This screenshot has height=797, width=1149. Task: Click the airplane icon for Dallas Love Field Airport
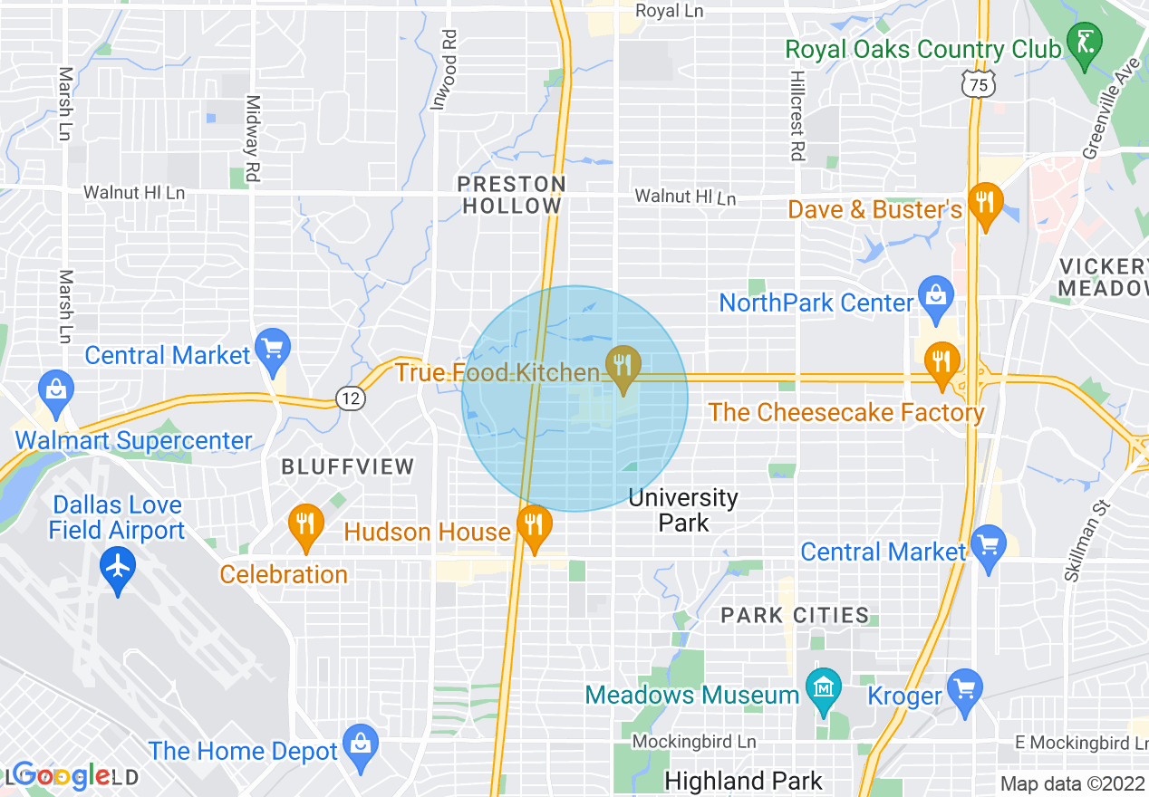pyautogui.click(x=118, y=568)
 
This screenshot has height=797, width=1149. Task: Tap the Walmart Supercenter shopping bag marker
pyautogui.click(x=55, y=390)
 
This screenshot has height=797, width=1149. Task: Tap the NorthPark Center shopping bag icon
pyautogui.click(x=935, y=295)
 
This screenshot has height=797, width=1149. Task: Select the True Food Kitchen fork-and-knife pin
pyautogui.click(x=623, y=366)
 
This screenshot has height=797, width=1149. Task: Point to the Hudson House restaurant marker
pyautogui.click(x=535, y=524)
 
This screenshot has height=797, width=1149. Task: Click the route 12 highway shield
pyautogui.click(x=350, y=398)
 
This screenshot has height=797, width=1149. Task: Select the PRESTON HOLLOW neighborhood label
pyautogui.click(x=512, y=195)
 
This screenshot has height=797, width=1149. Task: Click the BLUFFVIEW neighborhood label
pyautogui.click(x=348, y=467)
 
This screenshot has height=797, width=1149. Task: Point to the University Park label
pyautogui.click(x=683, y=510)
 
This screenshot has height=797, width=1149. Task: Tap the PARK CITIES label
pyautogui.click(x=795, y=615)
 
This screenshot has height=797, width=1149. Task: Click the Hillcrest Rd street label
pyautogui.click(x=797, y=117)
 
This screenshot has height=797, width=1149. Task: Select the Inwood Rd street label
pyautogui.click(x=444, y=70)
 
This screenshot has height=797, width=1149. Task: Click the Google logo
pyautogui.click(x=62, y=775)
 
